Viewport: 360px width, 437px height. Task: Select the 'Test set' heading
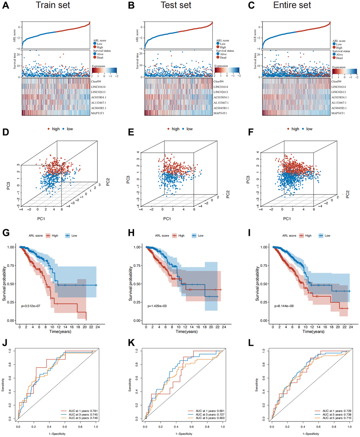coord(176,5)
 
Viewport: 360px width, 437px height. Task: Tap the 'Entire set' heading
coord(292,5)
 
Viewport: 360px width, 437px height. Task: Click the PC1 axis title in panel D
coord(41,219)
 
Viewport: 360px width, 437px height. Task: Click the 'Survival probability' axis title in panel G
coord(4,284)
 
